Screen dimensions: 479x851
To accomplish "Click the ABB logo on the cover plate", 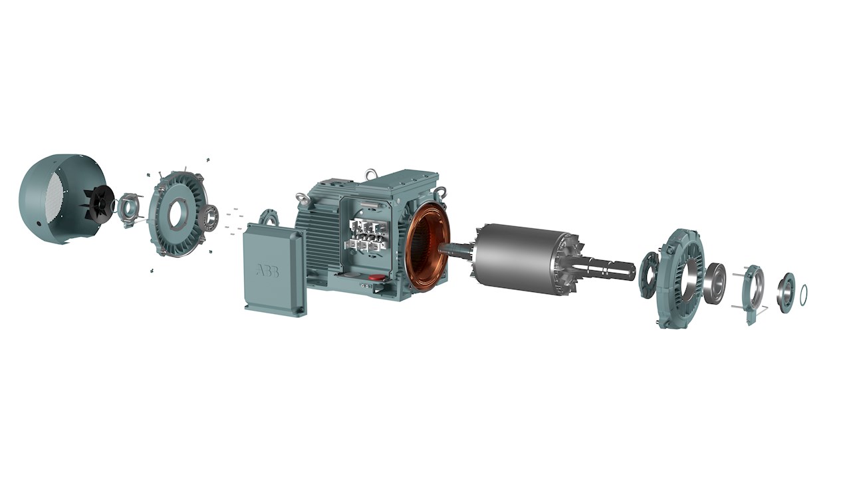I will (x=267, y=271).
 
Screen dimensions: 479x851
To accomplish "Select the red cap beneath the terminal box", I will (x=376, y=277).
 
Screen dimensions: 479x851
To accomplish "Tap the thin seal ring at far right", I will (x=804, y=292).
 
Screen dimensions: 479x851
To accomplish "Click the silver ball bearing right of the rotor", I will (x=715, y=283).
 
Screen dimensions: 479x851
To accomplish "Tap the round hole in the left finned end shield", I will (x=178, y=214).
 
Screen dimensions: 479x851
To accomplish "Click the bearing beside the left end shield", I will (x=211, y=218).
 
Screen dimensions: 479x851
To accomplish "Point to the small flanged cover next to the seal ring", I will (x=786, y=292).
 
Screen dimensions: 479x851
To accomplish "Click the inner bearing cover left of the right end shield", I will (x=648, y=273).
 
